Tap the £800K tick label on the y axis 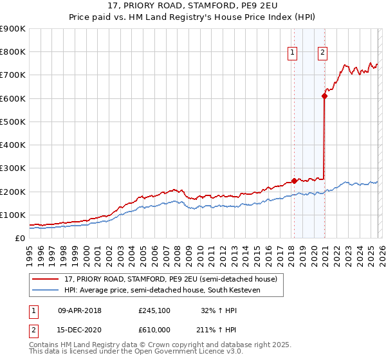click(13, 52)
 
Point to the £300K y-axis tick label click(13, 168)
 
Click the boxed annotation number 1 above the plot click(293, 53)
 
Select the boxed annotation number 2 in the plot click(322, 53)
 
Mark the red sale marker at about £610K click(324, 96)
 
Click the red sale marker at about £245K click(294, 181)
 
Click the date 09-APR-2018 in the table click(80, 310)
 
